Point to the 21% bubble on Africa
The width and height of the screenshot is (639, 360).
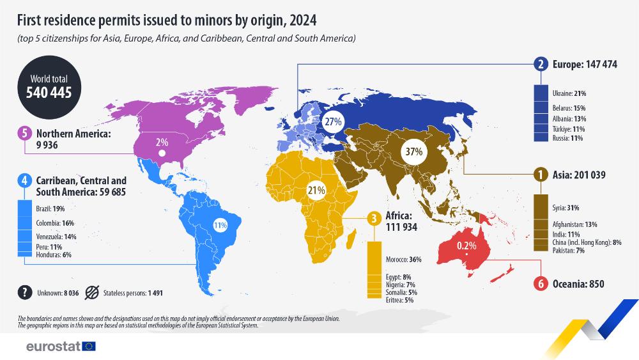click(x=316, y=189)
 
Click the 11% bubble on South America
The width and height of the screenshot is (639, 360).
click(x=220, y=225)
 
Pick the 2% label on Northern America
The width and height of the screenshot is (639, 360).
click(x=162, y=142)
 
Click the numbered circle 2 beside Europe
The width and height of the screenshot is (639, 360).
click(x=541, y=64)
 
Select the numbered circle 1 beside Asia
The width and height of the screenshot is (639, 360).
click(x=541, y=174)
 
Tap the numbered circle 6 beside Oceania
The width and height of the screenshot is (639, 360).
click(x=541, y=284)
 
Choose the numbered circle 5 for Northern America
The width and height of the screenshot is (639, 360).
click(x=24, y=134)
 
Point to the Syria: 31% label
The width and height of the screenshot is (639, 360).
click(x=565, y=208)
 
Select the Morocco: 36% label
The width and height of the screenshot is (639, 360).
click(x=403, y=260)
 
